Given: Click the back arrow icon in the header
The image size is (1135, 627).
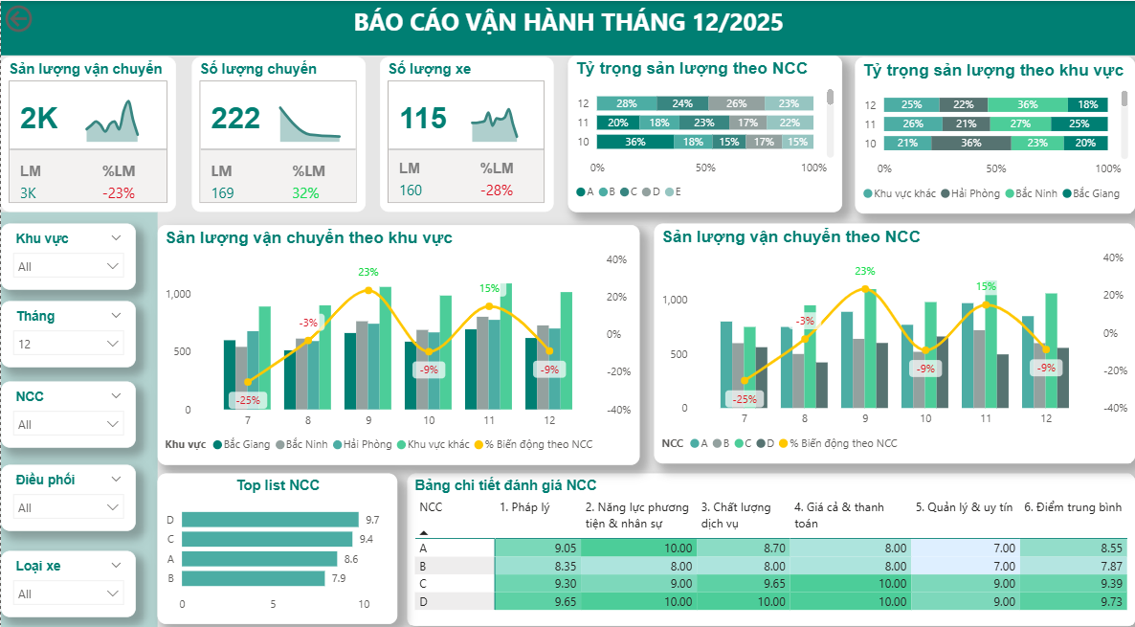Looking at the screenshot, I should (x=19, y=19).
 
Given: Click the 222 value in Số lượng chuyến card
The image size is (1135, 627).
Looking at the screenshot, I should (x=235, y=118).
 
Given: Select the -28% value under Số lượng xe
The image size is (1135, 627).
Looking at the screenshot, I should (x=496, y=190).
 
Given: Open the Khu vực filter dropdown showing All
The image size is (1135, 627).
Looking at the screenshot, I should (x=69, y=266).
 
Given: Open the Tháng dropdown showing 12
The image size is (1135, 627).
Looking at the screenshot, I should (x=69, y=344).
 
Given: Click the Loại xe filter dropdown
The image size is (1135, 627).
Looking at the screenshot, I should (x=69, y=593).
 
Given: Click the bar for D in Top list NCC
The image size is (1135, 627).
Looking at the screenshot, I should (x=269, y=520).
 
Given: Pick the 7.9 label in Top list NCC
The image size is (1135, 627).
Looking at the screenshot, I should (x=338, y=578).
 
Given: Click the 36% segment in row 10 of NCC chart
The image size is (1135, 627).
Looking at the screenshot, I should (x=634, y=142).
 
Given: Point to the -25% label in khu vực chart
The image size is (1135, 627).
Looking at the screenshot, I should (x=248, y=400).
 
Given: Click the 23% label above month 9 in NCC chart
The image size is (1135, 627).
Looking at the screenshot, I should (x=864, y=271).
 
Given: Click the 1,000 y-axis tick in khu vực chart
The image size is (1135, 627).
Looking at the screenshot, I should (x=178, y=295).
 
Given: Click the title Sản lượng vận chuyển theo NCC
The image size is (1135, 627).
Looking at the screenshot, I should (x=790, y=236).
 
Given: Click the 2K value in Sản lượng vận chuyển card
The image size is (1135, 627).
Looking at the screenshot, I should (x=39, y=118).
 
